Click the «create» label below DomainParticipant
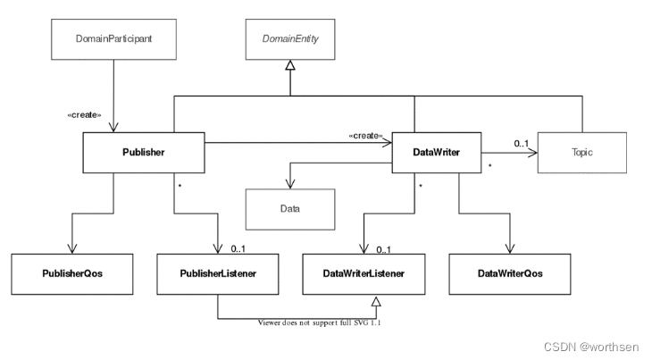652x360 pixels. point(84,115)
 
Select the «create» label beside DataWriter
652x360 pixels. point(365,136)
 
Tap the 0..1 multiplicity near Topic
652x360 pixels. point(522,144)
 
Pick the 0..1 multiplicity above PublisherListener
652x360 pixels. point(238,249)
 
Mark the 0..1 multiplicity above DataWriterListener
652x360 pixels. point(384,250)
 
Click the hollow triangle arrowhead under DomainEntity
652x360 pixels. point(290,65)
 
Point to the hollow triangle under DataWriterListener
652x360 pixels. point(376,301)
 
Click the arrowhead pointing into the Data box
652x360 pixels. point(290,184)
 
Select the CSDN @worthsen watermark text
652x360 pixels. point(591,347)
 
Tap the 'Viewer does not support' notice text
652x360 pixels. point(320,322)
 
